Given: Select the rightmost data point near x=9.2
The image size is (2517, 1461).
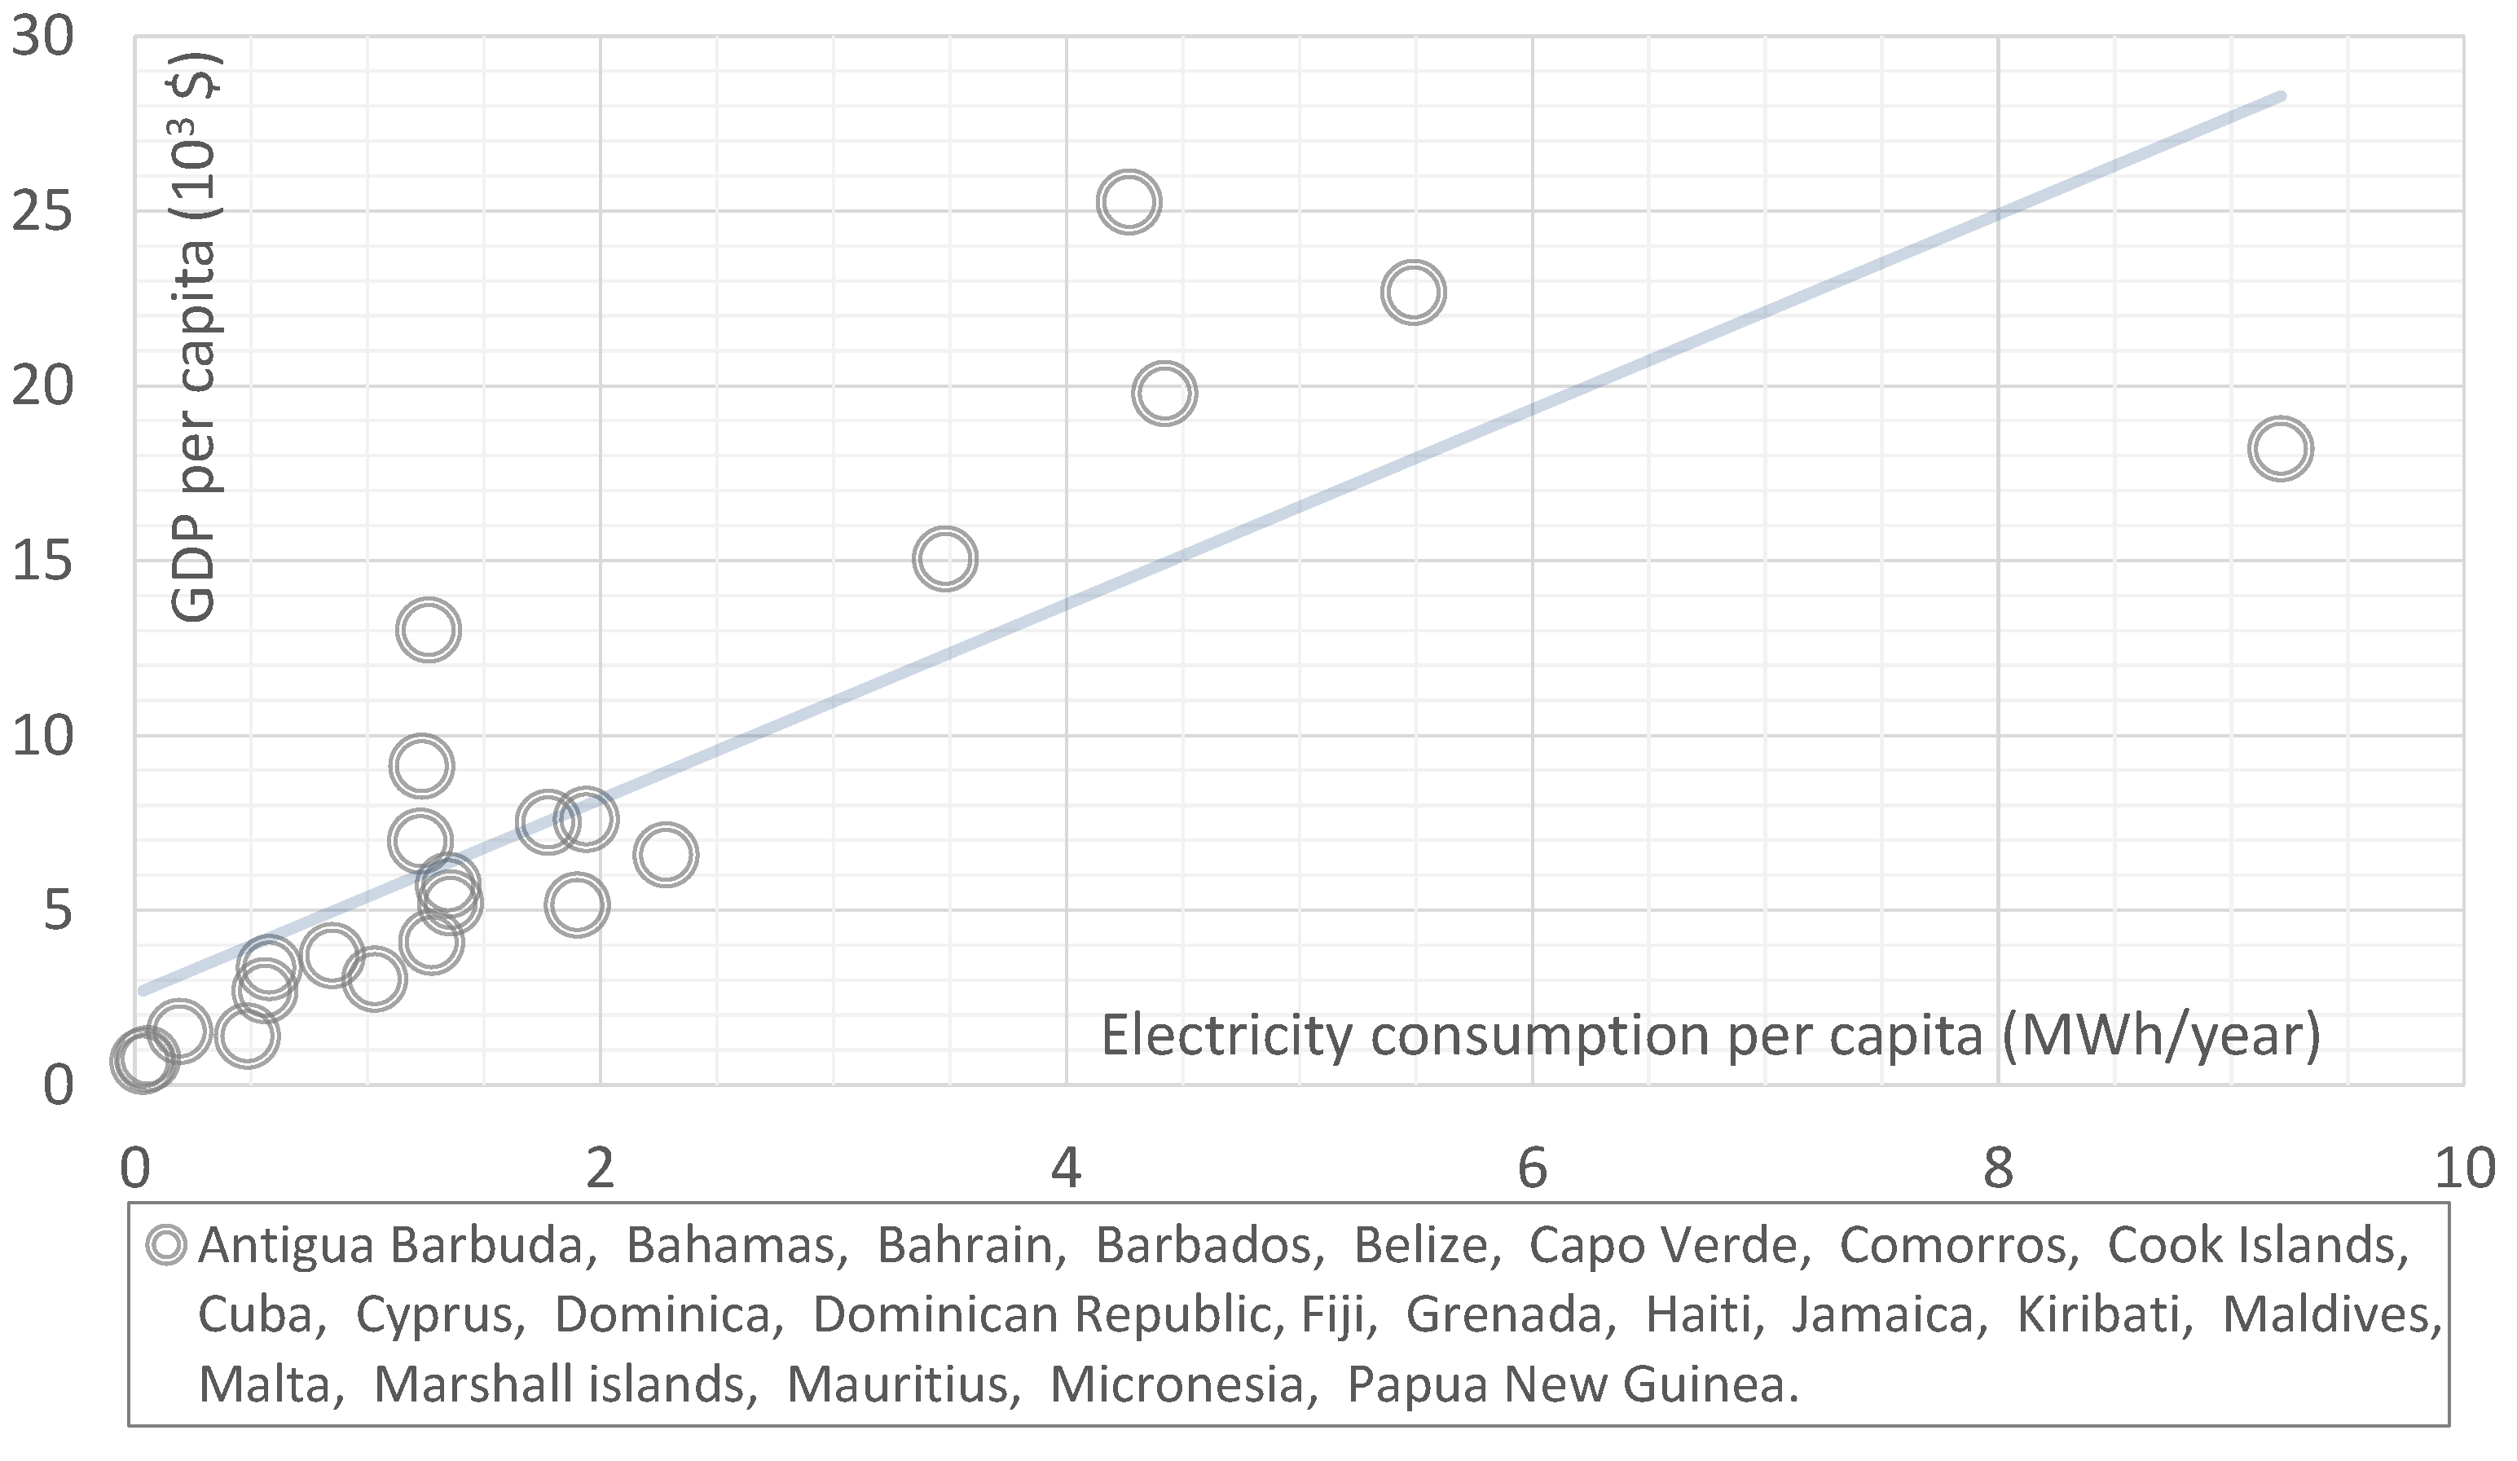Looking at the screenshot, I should pyautogui.click(x=2280, y=448).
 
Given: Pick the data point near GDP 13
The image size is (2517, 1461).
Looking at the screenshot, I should pyautogui.click(x=429, y=630).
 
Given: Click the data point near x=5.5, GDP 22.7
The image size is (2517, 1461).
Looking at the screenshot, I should pyautogui.click(x=1413, y=293).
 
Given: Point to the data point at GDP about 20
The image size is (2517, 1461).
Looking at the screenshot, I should pyautogui.click(x=1164, y=394).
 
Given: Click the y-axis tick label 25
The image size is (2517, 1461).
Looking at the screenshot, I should pyautogui.click(x=42, y=213).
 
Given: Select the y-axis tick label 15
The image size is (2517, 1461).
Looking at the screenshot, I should pyautogui.click(x=42, y=562).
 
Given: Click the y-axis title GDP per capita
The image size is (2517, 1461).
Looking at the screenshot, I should pyautogui.click(x=194, y=340).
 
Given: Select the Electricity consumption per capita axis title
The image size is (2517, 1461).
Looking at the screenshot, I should pyautogui.click(x=1710, y=1035).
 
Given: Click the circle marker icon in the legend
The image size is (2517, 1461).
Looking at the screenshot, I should pyautogui.click(x=165, y=1245).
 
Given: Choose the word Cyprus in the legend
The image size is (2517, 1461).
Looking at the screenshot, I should pyautogui.click(x=439, y=1315).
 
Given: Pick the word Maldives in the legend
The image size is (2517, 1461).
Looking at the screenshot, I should pyautogui.click(x=2332, y=1315).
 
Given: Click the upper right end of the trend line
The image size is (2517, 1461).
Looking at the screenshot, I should pyautogui.click(x=2280, y=97).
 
